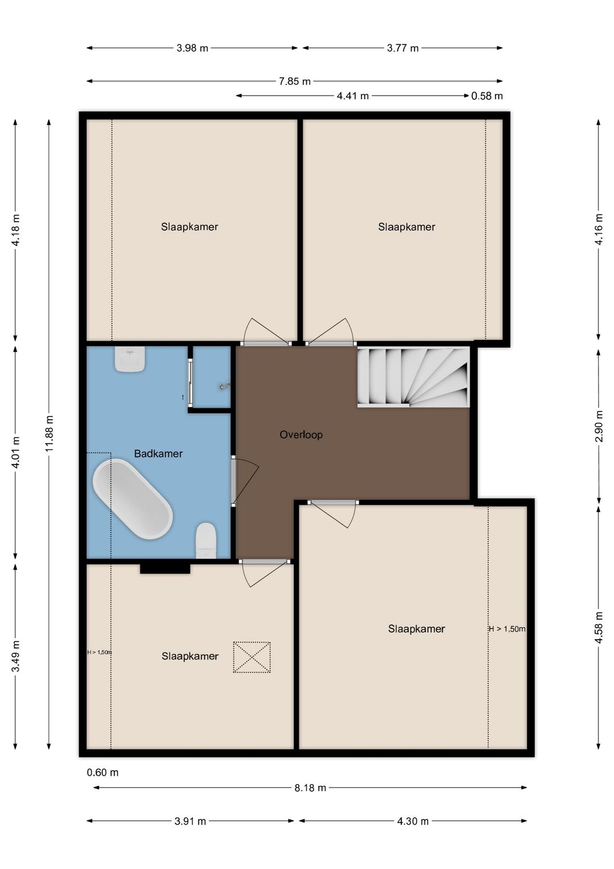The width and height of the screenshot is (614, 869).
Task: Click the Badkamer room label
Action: (158, 454)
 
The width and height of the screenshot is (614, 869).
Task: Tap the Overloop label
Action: (301, 435)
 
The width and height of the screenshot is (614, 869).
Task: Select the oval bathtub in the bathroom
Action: (132, 499)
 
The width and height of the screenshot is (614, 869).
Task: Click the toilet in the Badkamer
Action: (206, 541)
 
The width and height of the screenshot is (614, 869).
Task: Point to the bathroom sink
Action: (130, 359)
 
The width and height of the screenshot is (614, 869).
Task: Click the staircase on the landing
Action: (414, 377)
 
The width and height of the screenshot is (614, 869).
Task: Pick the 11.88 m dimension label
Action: (49, 433)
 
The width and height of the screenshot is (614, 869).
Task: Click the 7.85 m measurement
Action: (295, 81)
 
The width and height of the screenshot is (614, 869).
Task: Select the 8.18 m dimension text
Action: (310, 788)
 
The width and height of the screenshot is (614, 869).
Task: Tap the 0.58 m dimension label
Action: (487, 96)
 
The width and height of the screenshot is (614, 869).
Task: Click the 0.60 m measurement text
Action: (103, 772)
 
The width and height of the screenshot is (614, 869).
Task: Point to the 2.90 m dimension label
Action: (599, 426)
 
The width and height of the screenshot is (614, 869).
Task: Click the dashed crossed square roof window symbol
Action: (252, 657)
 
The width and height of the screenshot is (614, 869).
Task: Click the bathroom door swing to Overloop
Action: (245, 481)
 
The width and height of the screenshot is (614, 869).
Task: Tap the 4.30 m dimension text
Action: (413, 821)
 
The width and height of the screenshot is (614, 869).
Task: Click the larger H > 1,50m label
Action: (507, 629)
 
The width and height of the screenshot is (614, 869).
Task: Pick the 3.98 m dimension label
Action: (192, 48)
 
